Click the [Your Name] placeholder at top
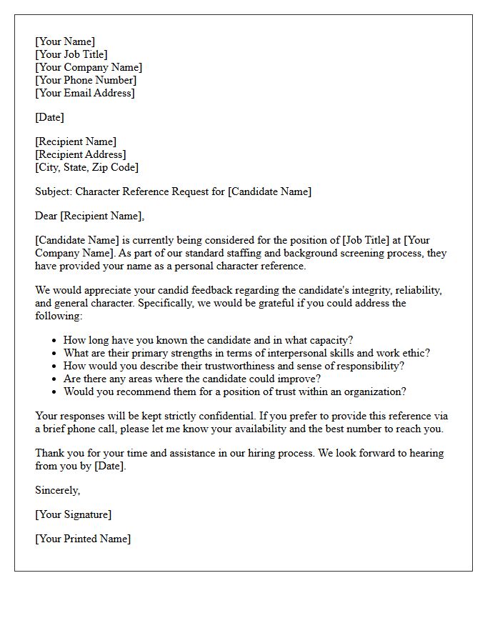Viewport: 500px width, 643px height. coord(65,41)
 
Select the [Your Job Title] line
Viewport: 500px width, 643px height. coord(71,54)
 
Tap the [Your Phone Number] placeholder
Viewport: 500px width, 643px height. coord(86,80)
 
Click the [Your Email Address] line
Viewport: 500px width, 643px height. coord(85,93)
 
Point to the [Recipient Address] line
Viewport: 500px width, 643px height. coord(81,154)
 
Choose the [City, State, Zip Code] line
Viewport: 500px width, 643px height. coord(87,167)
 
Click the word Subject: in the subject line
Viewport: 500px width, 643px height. coord(54,191)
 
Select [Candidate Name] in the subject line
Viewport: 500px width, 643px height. coord(269,191)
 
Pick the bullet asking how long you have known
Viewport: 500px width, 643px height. coord(208,340)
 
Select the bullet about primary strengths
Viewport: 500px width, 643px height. coord(246,353)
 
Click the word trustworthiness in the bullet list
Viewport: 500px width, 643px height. coord(227,366)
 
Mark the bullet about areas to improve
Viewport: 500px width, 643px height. coord(192,379)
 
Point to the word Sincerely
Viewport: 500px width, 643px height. coord(57,490)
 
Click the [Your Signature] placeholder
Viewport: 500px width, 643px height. coord(73,514)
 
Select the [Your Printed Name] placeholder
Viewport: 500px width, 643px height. coord(83,539)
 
